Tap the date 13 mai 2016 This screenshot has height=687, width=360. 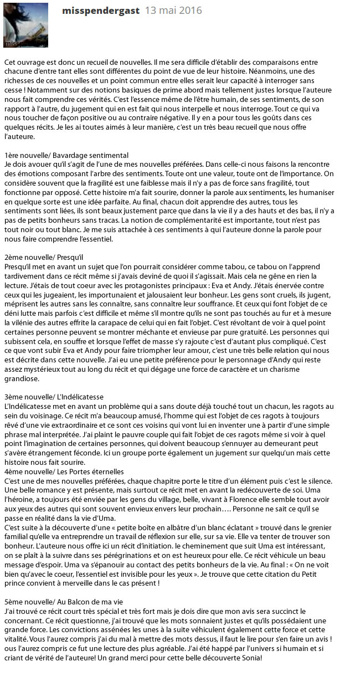173,11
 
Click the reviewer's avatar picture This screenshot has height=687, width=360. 25,24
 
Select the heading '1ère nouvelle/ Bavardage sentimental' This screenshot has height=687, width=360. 66,155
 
